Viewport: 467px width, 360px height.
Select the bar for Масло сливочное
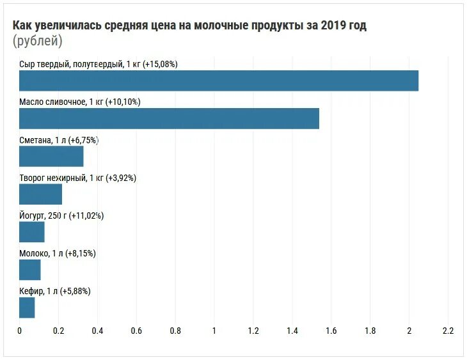coord(169,119)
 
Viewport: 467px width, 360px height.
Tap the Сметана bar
coord(51,157)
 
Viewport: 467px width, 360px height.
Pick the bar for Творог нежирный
coord(40,194)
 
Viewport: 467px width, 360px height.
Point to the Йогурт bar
coord(32,232)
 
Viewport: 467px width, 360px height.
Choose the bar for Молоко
coord(30,270)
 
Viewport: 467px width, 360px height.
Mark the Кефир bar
coord(27,308)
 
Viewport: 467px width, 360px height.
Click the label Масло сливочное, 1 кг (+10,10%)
coord(79,102)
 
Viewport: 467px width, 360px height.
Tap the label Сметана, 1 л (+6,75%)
coord(59,140)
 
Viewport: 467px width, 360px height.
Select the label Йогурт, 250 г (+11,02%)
coord(61,215)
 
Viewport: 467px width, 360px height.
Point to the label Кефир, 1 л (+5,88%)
coord(55,291)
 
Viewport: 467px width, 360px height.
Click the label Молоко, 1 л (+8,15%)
coord(58,253)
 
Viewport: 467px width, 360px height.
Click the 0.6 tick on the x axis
coord(136,331)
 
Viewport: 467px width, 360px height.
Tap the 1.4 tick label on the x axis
coord(292,331)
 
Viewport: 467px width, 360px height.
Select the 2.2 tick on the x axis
coord(448,331)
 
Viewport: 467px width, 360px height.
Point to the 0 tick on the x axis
coord(20,331)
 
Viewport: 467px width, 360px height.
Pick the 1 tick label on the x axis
coord(214,331)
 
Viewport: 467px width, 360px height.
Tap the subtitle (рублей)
coord(38,42)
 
